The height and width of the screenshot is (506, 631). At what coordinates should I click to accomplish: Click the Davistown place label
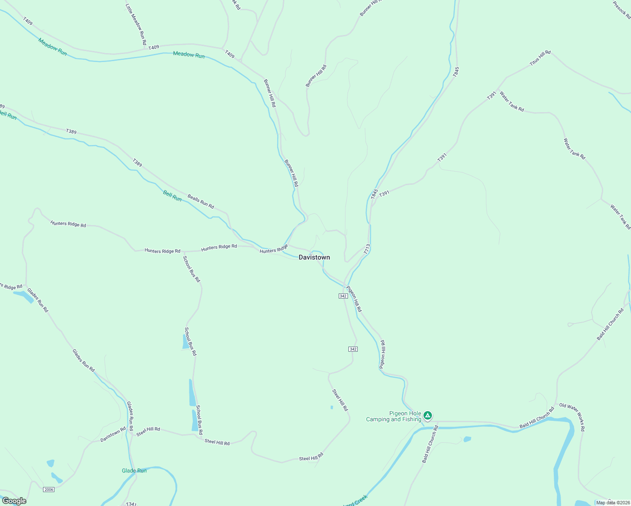click(314, 257)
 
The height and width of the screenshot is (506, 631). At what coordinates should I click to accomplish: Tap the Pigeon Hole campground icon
click(428, 416)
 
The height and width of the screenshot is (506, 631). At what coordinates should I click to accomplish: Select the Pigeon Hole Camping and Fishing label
click(394, 417)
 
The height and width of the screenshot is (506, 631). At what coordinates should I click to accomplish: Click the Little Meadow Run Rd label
click(136, 24)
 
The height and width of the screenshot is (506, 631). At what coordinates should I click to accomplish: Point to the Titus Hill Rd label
click(540, 58)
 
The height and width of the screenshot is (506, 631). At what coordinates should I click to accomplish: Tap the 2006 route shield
click(49, 489)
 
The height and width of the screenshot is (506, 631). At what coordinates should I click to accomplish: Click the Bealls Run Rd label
click(201, 202)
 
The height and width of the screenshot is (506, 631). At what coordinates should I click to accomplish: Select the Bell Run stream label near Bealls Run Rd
click(172, 196)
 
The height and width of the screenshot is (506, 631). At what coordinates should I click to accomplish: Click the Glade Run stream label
click(134, 471)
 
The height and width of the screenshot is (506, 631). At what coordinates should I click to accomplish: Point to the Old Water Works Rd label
click(572, 417)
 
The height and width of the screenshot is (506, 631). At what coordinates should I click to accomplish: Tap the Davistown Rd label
click(113, 435)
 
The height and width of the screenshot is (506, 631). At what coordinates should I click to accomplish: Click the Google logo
click(14, 501)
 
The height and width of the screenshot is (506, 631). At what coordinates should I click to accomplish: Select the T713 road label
click(367, 249)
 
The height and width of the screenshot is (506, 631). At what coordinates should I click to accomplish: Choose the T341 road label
click(132, 504)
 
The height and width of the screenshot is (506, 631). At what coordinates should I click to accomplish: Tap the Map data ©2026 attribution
click(612, 503)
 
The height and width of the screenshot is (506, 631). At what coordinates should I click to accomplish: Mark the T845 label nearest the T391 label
click(375, 194)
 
